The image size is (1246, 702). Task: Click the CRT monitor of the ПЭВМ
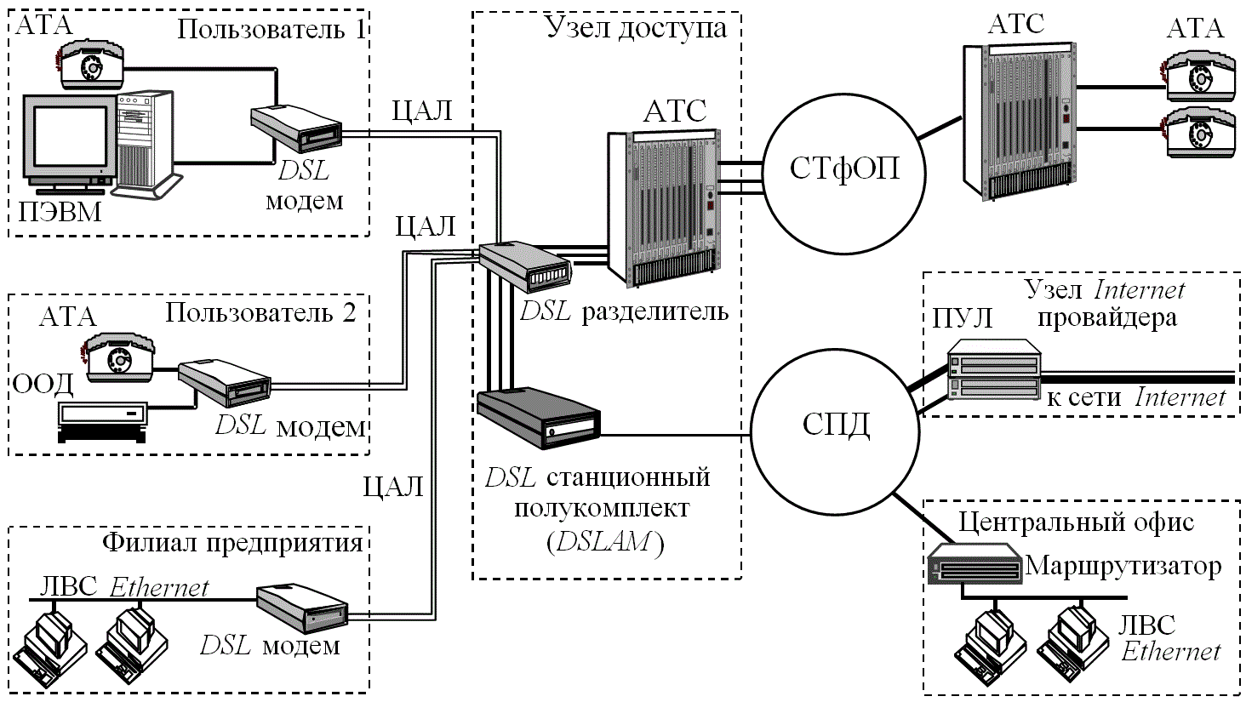(68, 140)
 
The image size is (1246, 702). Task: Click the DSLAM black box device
(539, 419)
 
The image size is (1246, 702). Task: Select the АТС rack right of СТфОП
(1017, 122)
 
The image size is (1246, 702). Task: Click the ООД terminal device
(102, 420)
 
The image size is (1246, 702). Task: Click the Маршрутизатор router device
(975, 564)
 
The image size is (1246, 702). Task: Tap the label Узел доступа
(636, 28)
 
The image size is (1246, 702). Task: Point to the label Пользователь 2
(260, 312)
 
